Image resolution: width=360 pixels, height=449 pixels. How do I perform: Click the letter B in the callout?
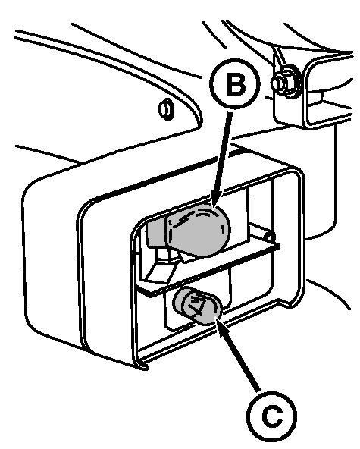coord(236,84)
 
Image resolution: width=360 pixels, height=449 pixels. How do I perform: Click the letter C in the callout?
coord(272,416)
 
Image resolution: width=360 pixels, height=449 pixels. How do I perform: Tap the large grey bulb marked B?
coord(198,231)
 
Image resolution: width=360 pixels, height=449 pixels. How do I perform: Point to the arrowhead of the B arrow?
coord(214,200)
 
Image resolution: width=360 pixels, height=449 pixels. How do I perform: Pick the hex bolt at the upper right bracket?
coord(284,83)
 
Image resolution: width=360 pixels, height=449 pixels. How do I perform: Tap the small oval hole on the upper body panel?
coord(166,109)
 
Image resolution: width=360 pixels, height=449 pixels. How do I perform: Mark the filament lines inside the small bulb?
coord(198,307)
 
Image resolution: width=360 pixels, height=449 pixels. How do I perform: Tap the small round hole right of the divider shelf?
coord(269,237)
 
